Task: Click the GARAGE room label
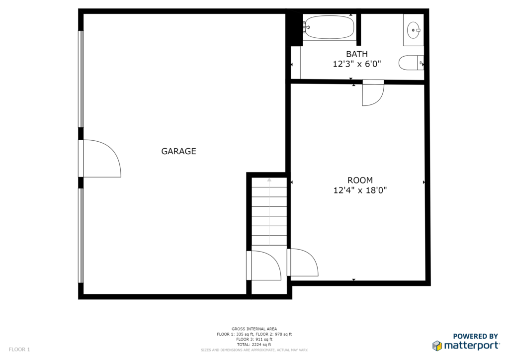tap(178, 151)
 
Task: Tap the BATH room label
tap(357, 54)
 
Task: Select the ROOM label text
tap(360, 180)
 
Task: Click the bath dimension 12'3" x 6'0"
tap(357, 64)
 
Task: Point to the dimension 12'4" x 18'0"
tap(360, 190)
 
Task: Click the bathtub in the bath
tap(330, 27)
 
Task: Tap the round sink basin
tap(413, 30)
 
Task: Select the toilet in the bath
tap(411, 63)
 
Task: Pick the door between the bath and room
tap(373, 93)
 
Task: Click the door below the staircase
tap(263, 265)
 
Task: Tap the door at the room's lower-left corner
tap(303, 262)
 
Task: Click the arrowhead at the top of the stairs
tap(269, 180)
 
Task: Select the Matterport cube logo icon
tap(437, 346)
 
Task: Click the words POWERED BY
tap(475, 336)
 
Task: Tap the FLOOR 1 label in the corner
tap(19, 350)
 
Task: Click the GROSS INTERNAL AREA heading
tap(254, 329)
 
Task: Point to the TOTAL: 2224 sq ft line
tap(254, 345)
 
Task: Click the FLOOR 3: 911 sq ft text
tap(254, 339)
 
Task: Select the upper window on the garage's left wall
tap(81, 79)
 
